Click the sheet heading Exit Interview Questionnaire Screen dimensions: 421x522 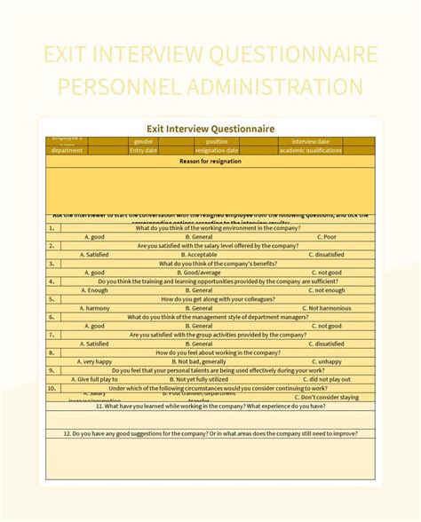[x=210, y=129]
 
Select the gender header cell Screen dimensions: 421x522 [x=143, y=141]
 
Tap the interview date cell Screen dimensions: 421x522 [x=310, y=141]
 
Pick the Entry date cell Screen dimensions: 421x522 [x=143, y=151]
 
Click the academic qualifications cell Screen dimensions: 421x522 [x=310, y=151]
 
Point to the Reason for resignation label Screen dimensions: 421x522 [x=210, y=161]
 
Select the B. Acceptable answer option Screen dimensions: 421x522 [x=202, y=255]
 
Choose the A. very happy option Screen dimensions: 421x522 [x=95, y=361]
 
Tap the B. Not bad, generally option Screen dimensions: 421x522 [x=201, y=361]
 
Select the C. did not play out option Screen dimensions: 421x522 [x=326, y=379]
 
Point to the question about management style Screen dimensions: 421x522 [x=217, y=317]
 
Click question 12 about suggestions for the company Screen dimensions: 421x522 [x=210, y=433]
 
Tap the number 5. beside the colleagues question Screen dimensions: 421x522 [x=53, y=299]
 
